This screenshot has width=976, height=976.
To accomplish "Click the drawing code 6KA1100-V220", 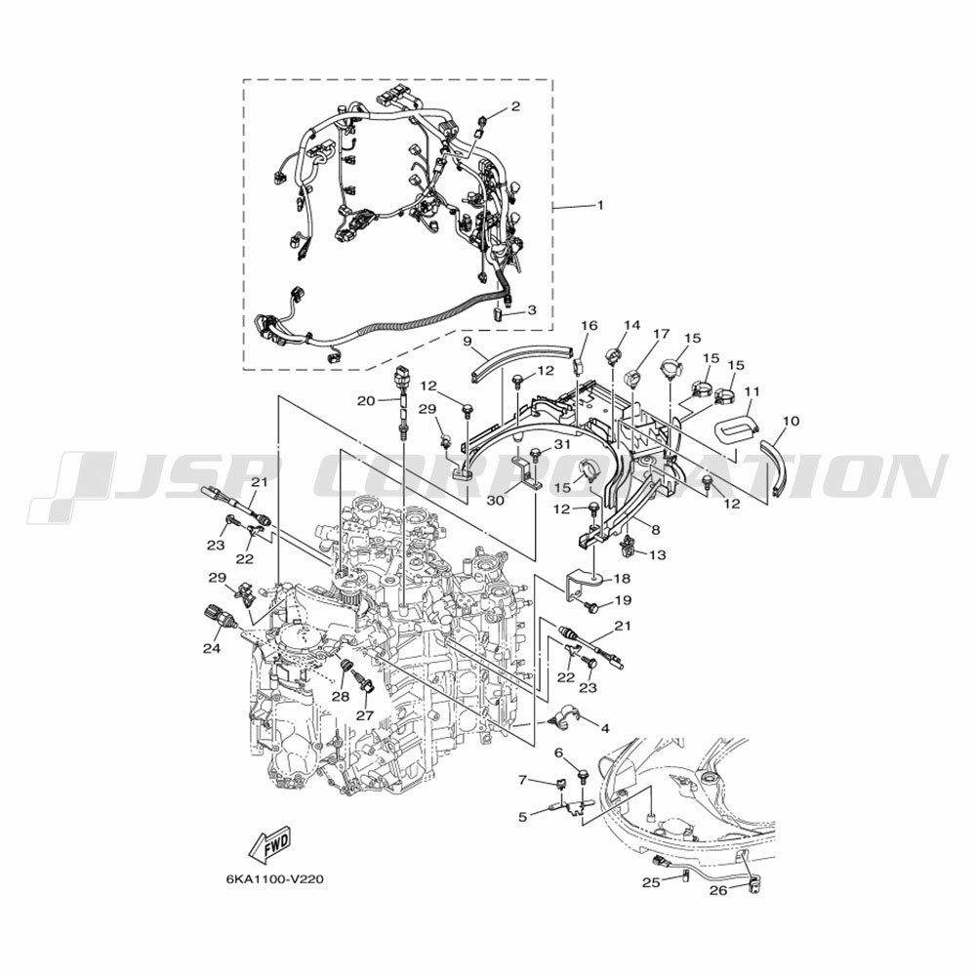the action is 274,880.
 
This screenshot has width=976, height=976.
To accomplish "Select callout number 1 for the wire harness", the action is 600,205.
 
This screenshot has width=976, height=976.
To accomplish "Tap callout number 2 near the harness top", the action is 515,106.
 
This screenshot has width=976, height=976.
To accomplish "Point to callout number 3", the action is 531,309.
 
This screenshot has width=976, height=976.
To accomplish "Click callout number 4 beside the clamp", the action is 604,728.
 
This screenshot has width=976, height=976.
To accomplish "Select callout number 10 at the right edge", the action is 791,422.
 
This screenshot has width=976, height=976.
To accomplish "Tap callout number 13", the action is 657,554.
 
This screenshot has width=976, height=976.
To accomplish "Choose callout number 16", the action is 589,326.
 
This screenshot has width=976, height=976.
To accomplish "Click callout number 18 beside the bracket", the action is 621,578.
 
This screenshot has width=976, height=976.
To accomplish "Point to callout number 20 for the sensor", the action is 366,401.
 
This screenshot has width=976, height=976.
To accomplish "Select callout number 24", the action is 212,648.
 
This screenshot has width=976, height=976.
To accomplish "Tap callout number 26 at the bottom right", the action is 718,891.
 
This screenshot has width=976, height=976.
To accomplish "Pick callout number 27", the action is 365,715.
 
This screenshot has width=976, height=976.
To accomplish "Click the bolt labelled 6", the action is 584,775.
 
